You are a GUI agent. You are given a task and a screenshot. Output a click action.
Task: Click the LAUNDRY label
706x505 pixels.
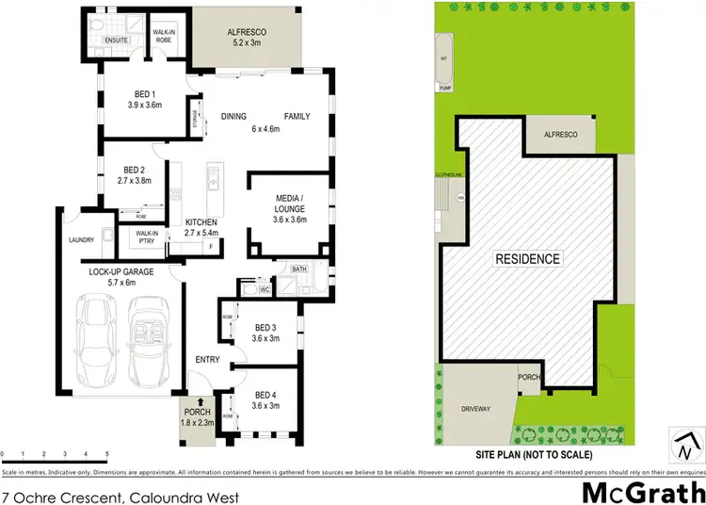click(x=82, y=240)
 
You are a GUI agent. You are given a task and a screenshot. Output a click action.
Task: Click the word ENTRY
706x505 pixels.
click(x=207, y=360)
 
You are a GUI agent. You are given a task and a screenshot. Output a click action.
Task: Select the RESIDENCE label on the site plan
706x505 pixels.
click(x=528, y=258)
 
